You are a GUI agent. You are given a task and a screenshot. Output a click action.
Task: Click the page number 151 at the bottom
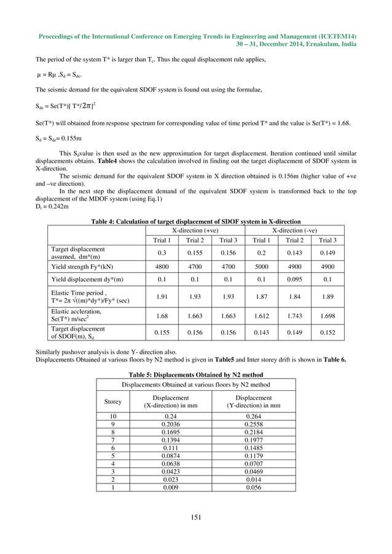[x=196, y=518]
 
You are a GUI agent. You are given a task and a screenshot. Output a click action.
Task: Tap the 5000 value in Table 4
[x=262, y=267]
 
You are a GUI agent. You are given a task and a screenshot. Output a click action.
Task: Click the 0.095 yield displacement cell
[x=294, y=279]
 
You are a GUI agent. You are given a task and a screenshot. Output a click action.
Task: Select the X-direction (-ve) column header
[x=294, y=229]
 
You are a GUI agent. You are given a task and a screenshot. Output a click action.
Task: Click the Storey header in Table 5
[x=112, y=402]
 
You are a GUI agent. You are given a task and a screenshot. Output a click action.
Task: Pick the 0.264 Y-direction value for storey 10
[x=253, y=415]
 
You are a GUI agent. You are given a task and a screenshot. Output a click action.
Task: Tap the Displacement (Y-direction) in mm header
[x=253, y=402]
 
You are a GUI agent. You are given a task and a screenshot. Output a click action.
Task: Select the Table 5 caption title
[x=195, y=374]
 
